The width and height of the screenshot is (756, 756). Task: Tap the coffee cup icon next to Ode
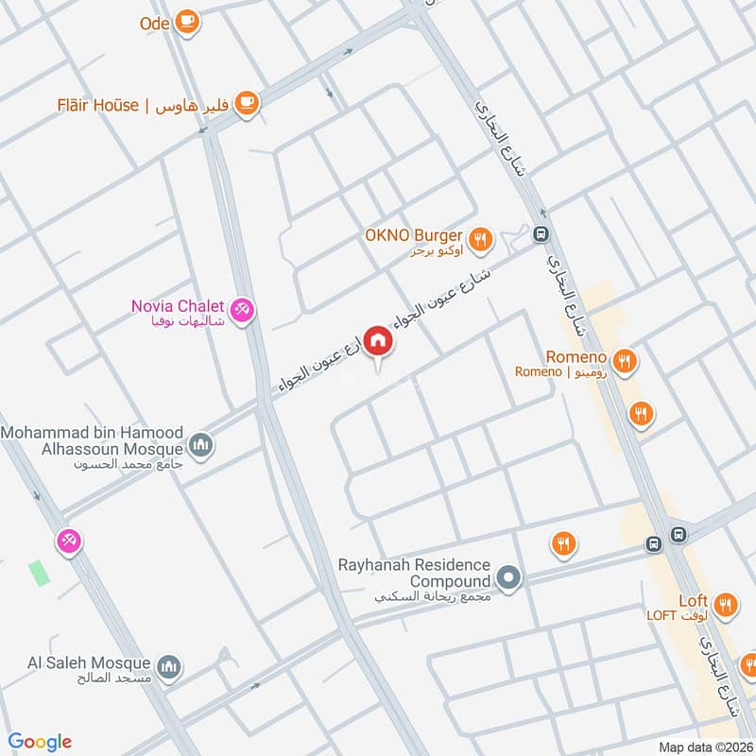(x=187, y=20)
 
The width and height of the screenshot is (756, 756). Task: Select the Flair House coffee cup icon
(x=247, y=104)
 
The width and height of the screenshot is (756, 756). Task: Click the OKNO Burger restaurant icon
(x=481, y=240)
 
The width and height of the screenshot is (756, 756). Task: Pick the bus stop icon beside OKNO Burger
(x=541, y=234)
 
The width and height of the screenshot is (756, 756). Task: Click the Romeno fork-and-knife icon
(x=624, y=360)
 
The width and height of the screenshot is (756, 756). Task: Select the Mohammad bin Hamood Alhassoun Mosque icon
(x=200, y=443)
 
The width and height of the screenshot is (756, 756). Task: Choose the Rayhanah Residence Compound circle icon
(x=509, y=577)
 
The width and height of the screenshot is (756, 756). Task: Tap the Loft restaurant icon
(x=726, y=605)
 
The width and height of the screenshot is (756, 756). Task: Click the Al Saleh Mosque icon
(x=169, y=668)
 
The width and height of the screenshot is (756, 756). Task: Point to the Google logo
(x=40, y=742)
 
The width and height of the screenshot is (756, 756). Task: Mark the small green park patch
(x=38, y=573)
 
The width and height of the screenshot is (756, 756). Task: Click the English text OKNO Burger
(x=413, y=235)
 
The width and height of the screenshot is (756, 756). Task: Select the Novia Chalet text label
(x=178, y=306)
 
